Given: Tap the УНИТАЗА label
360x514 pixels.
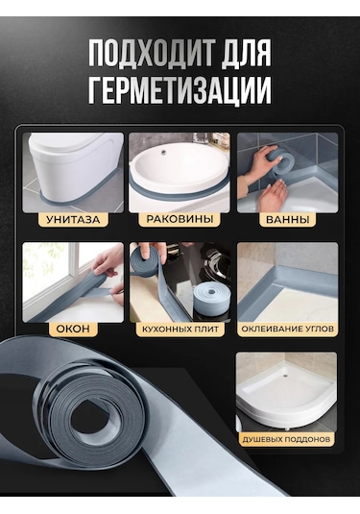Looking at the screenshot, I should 73,219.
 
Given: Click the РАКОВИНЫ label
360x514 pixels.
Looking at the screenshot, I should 179,219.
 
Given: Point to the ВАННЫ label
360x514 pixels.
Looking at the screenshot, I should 286,219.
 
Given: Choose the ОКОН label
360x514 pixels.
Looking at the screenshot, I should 73,329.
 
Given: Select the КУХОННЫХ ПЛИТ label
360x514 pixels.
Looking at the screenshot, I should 179,329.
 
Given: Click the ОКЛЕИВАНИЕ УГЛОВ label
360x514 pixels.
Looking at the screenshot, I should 286,329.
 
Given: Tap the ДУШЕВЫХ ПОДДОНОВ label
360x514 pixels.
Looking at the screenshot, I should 286,438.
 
